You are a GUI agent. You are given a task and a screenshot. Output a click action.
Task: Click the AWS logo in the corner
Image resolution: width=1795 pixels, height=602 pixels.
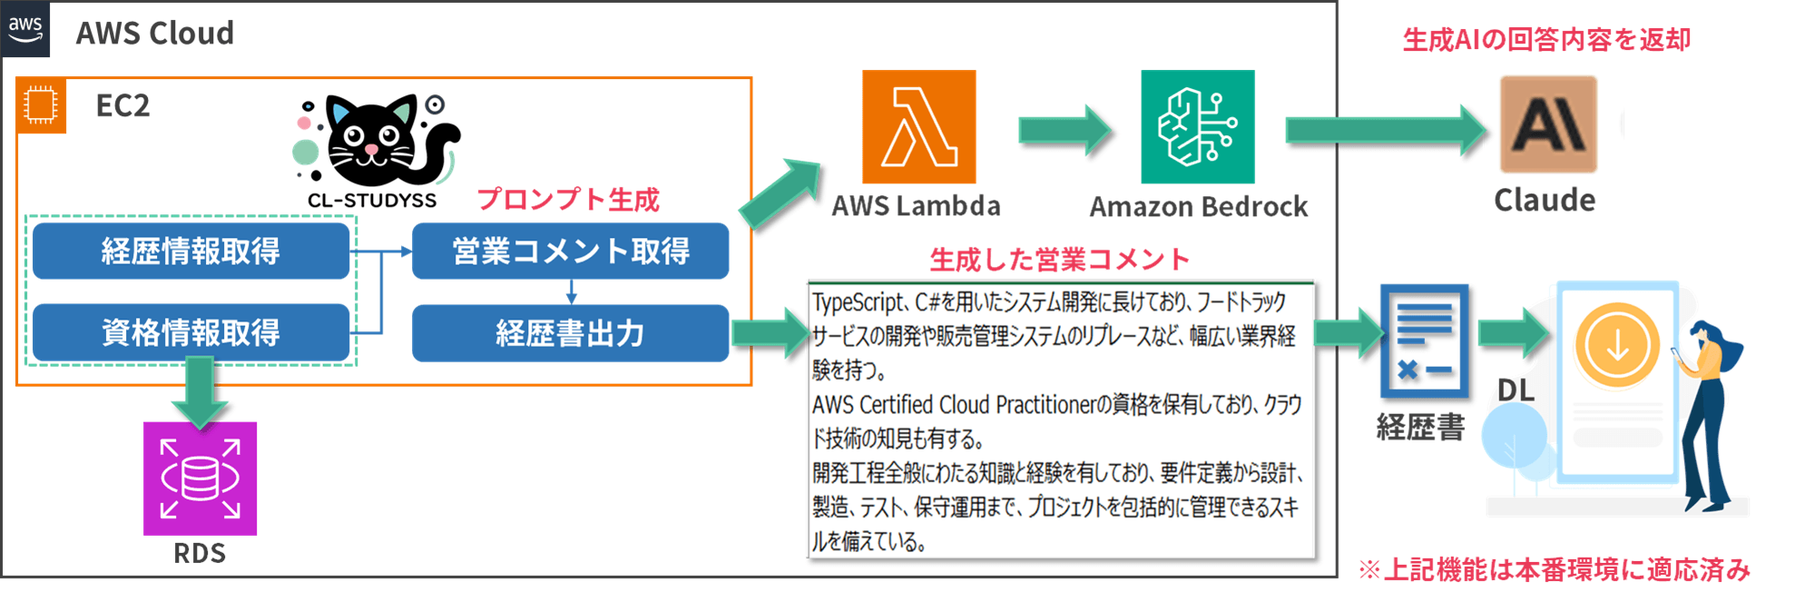25,28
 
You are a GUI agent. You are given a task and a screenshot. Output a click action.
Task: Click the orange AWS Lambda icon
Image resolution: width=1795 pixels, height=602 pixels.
918,127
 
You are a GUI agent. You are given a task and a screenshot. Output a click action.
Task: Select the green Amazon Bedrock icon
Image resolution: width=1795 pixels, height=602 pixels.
1197,127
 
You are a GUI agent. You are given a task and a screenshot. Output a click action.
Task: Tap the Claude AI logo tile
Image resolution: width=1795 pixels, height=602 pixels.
1547,124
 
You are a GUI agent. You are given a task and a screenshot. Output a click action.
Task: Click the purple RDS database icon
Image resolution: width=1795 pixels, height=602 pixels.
200,478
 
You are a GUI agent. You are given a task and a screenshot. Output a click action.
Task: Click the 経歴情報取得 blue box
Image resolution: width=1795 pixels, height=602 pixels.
191,252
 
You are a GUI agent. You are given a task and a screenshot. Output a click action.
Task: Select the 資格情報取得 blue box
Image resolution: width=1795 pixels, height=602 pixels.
191,332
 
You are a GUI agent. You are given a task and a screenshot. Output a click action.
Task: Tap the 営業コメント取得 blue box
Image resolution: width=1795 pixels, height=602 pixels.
570,252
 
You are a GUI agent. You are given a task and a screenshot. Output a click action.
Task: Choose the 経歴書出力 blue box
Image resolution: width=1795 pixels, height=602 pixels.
570,333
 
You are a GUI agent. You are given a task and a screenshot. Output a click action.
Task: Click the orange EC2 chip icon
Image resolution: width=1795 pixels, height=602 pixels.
41,105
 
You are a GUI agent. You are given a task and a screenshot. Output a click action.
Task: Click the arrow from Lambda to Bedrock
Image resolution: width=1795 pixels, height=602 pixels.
1064,130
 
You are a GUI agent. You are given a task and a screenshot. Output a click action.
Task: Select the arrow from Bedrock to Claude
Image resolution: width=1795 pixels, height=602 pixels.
1384,130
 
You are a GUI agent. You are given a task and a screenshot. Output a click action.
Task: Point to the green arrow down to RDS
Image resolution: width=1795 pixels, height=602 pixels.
200,390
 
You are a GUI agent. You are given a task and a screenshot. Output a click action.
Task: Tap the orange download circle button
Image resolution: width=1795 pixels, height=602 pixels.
1617,346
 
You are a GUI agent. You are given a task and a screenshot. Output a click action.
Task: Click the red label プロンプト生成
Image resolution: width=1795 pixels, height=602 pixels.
568,199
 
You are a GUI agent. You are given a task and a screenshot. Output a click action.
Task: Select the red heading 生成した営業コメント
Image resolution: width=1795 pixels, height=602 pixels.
1059,260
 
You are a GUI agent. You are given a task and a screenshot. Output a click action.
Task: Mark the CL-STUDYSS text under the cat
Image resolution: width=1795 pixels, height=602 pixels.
372,201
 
